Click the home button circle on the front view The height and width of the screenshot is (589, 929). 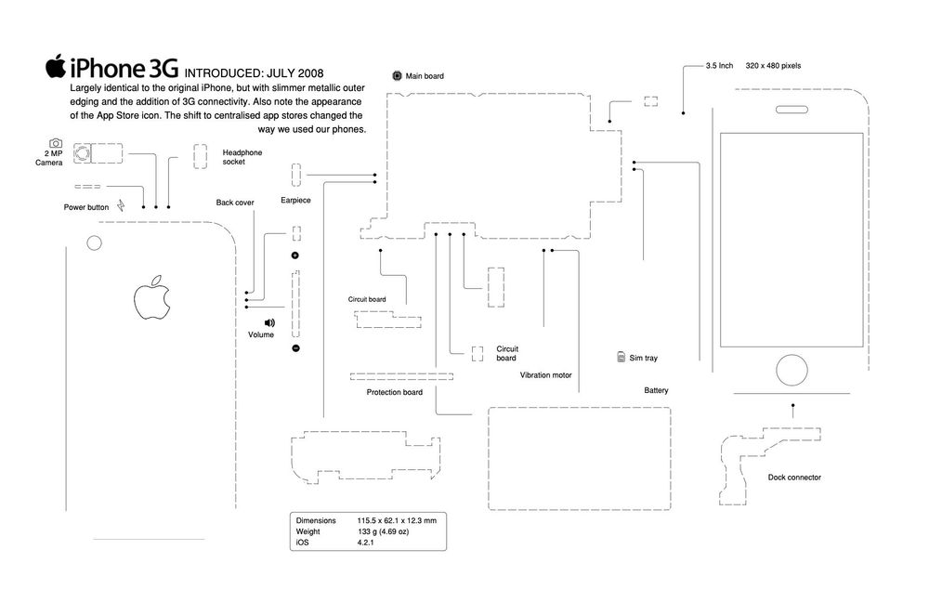[x=792, y=369]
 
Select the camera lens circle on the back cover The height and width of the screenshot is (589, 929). [x=94, y=243]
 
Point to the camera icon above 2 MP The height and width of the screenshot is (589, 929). [x=56, y=143]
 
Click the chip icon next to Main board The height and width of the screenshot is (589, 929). [x=397, y=74]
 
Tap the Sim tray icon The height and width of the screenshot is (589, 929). [x=621, y=357]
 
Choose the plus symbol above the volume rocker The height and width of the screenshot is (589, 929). [x=295, y=255]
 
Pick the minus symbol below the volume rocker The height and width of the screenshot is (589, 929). [x=295, y=348]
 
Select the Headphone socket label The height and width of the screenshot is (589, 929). [x=242, y=156]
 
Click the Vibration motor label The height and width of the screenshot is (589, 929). [x=545, y=375]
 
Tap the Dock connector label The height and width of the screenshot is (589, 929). [x=793, y=478]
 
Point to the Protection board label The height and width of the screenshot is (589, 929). [x=394, y=392]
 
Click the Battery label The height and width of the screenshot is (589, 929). [x=656, y=390]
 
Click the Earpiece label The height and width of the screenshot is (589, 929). [x=294, y=200]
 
